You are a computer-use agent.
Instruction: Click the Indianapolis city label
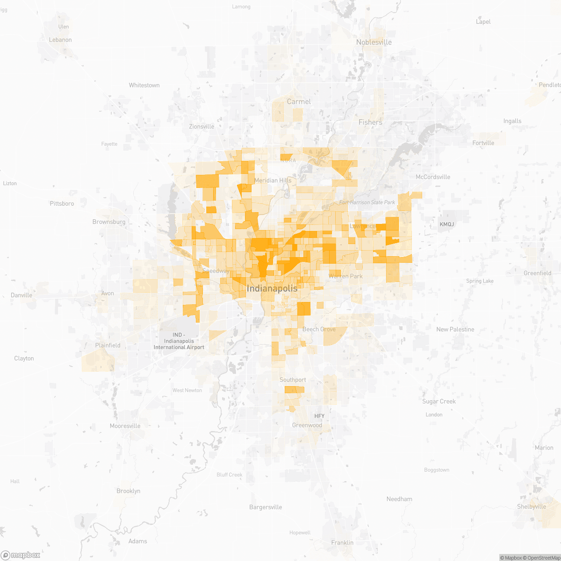[272, 288]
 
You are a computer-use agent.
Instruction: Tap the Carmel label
[299, 101]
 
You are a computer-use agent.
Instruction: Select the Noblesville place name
[374, 42]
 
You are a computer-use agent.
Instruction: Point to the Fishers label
[370, 122]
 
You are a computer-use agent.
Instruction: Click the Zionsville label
[201, 126]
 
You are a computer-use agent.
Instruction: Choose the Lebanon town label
[60, 40]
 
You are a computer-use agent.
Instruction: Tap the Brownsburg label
[109, 222]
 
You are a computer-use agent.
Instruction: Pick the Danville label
[22, 295]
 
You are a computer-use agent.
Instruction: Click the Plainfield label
[108, 345]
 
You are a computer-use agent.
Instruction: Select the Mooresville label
[125, 426]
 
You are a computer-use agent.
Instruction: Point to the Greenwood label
[307, 425]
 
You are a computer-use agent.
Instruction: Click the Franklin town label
[342, 542]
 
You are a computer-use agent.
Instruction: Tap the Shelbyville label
[532, 507]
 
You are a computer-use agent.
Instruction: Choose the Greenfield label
[537, 273]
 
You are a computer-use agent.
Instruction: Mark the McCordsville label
[433, 177]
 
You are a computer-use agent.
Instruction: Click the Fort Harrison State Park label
[367, 202]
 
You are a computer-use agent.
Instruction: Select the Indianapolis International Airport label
[179, 341]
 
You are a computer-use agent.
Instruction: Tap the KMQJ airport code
[446, 224]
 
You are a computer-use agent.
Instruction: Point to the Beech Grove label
[319, 329]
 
